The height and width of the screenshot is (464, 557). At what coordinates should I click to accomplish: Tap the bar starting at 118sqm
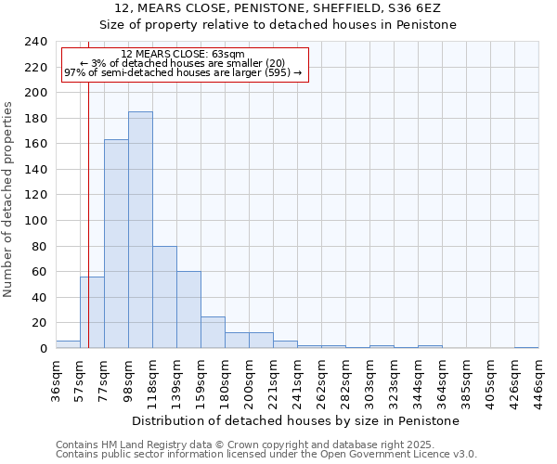click(164, 297)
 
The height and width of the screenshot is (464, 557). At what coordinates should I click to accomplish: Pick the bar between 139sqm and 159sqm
click(188, 310)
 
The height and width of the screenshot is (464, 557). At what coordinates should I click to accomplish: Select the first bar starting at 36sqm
click(68, 344)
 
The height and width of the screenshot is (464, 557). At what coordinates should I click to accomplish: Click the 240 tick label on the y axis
click(35, 42)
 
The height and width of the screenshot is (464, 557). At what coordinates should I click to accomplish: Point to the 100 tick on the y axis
click(35, 221)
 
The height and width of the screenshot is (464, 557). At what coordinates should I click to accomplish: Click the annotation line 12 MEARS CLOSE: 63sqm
click(183, 54)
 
